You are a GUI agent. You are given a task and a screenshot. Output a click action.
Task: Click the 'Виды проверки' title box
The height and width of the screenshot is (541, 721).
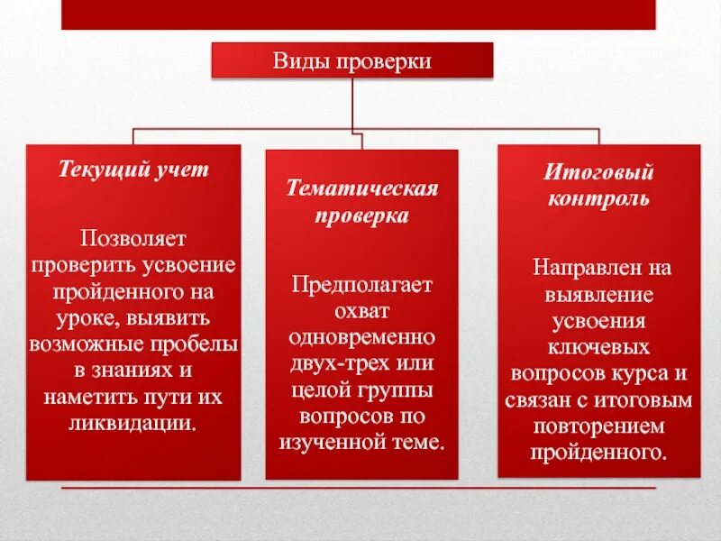point(352,60)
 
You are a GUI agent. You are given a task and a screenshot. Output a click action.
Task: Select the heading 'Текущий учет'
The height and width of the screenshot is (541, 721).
point(133,170)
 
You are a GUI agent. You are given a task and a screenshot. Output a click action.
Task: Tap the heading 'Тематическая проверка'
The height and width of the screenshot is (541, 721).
point(361,202)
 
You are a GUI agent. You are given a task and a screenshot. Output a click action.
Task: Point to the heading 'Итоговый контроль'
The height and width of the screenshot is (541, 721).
point(598,185)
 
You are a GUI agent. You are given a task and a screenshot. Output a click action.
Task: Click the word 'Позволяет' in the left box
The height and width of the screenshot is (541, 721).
point(133,239)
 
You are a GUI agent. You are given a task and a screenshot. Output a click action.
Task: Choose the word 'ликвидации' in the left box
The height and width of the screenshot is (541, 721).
point(131,423)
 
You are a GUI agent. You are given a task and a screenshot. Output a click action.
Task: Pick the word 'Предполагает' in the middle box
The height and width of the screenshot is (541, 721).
point(361,285)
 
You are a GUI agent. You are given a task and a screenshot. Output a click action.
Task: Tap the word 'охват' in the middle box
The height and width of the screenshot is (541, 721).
point(361,311)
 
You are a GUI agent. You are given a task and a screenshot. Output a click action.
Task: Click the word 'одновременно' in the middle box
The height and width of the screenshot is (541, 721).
point(361,337)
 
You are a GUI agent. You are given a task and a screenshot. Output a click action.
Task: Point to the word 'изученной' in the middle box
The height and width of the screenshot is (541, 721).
point(332,442)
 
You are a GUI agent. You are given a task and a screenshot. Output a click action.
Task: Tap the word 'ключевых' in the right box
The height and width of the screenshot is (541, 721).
point(598,346)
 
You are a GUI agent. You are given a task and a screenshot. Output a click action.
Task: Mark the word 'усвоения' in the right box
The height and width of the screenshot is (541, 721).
point(598,320)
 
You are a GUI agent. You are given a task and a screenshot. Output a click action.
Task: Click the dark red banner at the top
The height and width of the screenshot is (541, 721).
point(358,14)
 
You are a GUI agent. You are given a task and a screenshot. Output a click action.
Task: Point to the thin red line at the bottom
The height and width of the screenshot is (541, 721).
point(358,488)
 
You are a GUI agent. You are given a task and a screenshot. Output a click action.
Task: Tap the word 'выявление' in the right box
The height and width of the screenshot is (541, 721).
point(598,294)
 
